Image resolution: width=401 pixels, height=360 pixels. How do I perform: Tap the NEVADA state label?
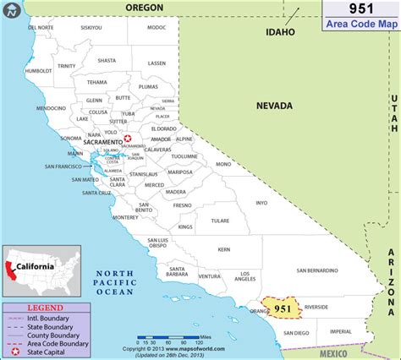(275, 106)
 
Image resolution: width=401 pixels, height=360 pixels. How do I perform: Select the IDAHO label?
(280, 32)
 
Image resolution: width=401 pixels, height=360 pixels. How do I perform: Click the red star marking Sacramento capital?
(128, 139)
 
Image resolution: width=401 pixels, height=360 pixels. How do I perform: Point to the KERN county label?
(223, 250)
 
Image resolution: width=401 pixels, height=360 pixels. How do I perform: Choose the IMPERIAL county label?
(341, 331)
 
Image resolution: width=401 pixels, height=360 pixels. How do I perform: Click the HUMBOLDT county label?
(39, 71)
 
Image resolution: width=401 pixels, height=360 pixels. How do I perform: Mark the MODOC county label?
(157, 28)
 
